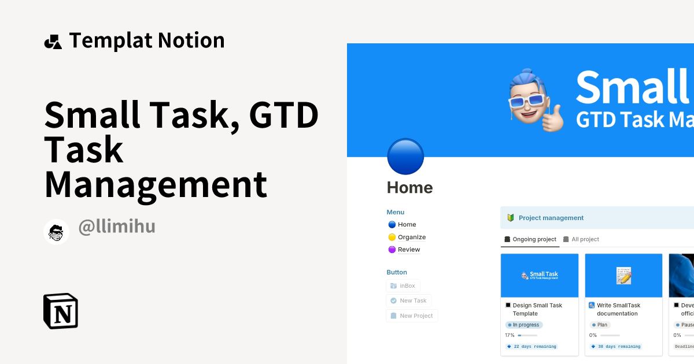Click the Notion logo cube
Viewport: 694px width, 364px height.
pyautogui.click(x=61, y=311)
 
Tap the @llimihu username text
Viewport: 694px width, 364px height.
pyautogui.click(x=117, y=226)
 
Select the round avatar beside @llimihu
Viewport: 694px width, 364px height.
pyautogui.click(x=57, y=232)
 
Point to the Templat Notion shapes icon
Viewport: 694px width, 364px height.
pyautogui.click(x=53, y=42)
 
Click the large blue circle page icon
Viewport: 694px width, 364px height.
pyautogui.click(x=405, y=157)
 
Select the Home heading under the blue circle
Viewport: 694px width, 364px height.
pyautogui.click(x=409, y=188)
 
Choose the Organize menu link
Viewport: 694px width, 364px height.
pyautogui.click(x=411, y=237)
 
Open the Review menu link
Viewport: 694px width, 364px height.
pyautogui.click(x=408, y=250)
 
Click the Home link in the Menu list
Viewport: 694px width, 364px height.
pyautogui.click(x=407, y=224)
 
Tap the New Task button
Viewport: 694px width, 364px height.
pyautogui.click(x=408, y=300)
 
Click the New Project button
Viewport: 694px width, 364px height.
pyautogui.click(x=412, y=315)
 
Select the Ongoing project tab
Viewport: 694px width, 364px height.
pyautogui.click(x=530, y=239)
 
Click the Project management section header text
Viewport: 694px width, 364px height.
pyautogui.click(x=551, y=218)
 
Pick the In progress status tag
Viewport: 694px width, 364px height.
pyautogui.click(x=525, y=325)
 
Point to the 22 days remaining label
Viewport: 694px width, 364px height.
pyautogui.click(x=531, y=347)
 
